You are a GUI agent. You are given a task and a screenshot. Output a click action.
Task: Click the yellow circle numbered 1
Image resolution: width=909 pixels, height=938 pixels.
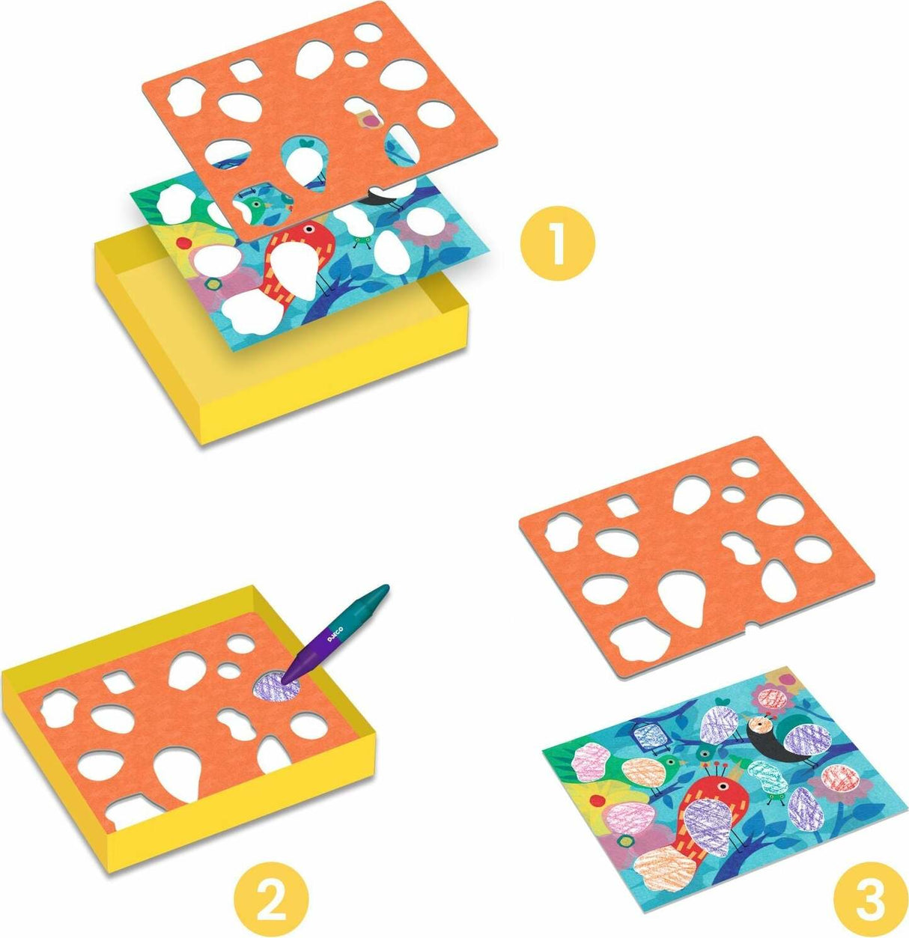coord(557,243)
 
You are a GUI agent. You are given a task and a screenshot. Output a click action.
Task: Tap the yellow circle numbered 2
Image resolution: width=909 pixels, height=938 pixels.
coord(270,887)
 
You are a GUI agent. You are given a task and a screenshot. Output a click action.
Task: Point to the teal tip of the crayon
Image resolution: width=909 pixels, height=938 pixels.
coord(382,590)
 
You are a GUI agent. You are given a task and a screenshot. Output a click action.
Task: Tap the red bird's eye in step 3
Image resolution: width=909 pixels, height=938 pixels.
coord(721,786)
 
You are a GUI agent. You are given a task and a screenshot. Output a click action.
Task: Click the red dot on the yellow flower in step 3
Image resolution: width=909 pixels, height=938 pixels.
coord(597,800)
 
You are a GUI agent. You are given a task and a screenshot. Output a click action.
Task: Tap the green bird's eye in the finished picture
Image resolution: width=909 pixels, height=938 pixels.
coord(671,761)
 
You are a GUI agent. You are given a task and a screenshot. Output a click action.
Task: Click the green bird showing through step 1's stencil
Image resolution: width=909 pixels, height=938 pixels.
coord(252,205)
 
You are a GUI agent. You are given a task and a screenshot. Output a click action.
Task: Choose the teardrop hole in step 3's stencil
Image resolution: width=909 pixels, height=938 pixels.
coord(683,597)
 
